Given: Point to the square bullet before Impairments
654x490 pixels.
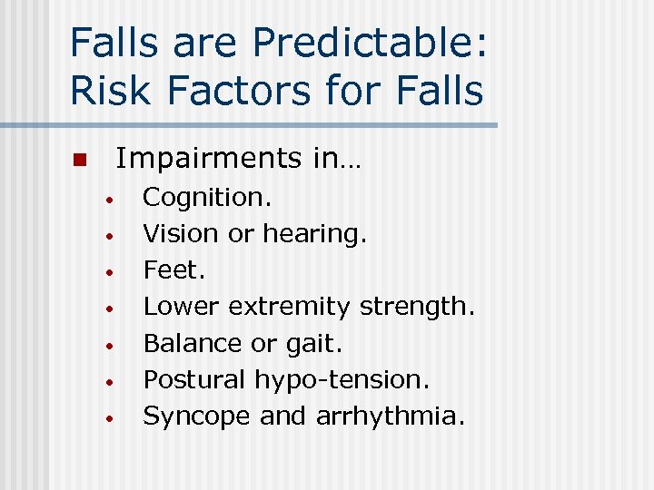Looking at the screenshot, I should point(78,161).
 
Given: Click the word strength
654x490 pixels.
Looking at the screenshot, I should point(417,307).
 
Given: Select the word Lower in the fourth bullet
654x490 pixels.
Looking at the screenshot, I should point(182,307).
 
